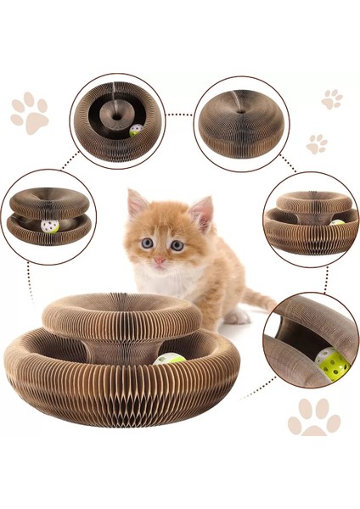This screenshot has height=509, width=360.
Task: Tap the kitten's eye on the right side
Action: (x=177, y=245)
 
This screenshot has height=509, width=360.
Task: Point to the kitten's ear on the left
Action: (x=135, y=204)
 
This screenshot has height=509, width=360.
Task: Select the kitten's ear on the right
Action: (x=202, y=211)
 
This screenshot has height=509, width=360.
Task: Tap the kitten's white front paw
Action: (x=236, y=316)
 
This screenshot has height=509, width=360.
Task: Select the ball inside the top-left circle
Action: (x=136, y=131)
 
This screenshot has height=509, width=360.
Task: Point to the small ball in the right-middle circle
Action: (x=337, y=223)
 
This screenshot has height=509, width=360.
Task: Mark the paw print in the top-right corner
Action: (x=331, y=98)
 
